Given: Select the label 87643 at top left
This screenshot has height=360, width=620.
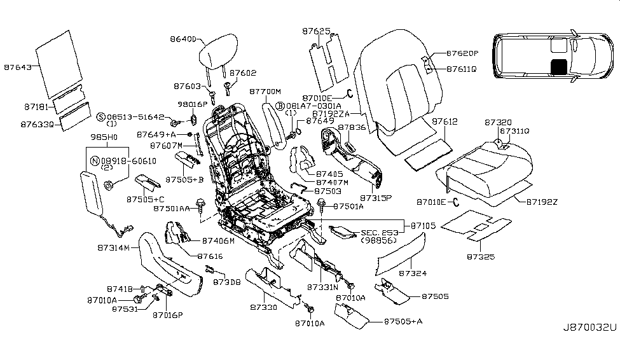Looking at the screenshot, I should [x=18, y=66].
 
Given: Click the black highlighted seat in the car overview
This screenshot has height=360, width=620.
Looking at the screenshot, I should [x=560, y=66].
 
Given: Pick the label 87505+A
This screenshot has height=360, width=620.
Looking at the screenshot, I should [x=403, y=322].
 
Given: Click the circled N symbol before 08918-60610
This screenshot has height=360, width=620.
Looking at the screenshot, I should [x=95, y=162].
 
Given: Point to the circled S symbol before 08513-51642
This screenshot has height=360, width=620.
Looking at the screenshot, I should [x=100, y=118].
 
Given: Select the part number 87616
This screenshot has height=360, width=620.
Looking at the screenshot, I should [x=209, y=256].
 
